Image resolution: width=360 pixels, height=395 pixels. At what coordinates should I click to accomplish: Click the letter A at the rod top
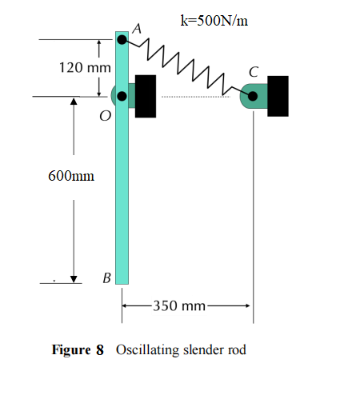(x=137, y=28)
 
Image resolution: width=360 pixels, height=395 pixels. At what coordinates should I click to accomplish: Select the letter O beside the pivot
(x=105, y=117)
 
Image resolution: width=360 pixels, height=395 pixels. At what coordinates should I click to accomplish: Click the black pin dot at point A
(x=122, y=38)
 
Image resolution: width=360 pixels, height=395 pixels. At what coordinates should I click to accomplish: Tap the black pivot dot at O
(x=122, y=97)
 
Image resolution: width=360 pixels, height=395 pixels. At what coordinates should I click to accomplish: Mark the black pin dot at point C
(x=253, y=97)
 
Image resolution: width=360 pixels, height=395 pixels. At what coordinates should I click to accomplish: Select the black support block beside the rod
(x=146, y=97)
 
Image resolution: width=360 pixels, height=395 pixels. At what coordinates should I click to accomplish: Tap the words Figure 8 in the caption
(x=78, y=350)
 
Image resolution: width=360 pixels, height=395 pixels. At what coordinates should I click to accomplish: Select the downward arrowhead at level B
(x=74, y=277)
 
